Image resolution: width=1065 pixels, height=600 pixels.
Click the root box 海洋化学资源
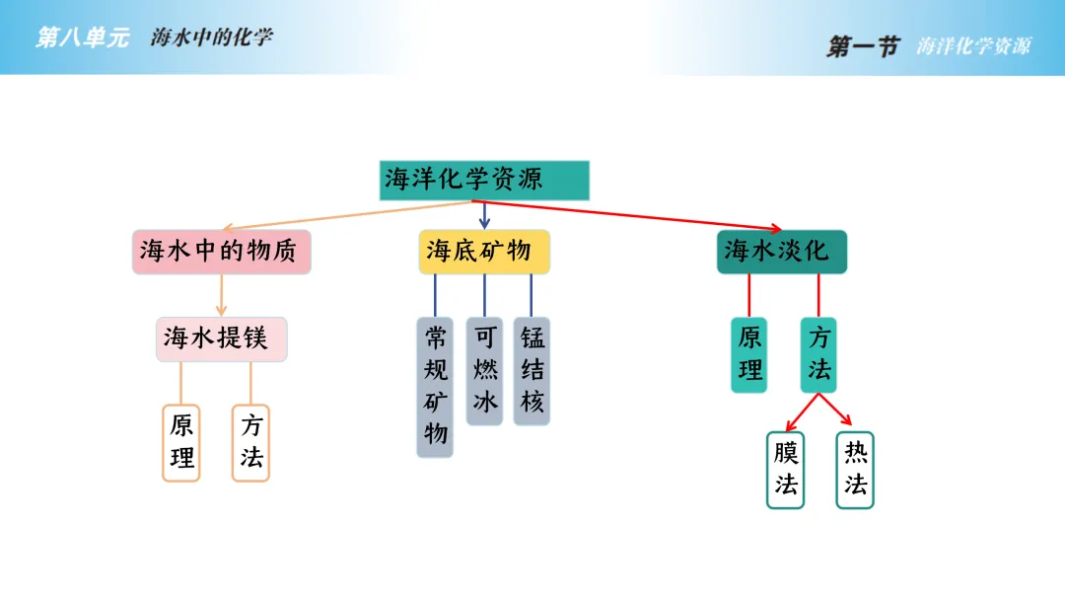484,181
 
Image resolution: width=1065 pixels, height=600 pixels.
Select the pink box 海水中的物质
222,252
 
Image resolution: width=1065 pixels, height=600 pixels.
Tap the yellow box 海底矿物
484,252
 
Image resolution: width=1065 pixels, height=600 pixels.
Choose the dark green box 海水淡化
781,252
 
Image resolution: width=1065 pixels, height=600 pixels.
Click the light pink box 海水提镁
221,338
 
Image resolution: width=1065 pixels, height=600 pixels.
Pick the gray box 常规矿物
435,386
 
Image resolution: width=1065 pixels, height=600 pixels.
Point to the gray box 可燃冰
484,370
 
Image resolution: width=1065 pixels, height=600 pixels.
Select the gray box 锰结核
532,370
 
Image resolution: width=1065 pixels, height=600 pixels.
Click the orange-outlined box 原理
181,442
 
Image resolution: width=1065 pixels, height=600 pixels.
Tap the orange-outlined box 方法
250,442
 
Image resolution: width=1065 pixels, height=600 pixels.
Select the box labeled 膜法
785,470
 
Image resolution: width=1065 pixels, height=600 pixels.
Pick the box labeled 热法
855,470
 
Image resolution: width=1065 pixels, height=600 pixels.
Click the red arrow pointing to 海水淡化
631,215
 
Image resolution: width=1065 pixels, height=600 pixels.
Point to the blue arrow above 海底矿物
484,215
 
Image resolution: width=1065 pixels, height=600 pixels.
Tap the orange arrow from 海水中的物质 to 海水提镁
221,295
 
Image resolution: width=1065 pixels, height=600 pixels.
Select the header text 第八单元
82,38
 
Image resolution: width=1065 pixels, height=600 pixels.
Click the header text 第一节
863,46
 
